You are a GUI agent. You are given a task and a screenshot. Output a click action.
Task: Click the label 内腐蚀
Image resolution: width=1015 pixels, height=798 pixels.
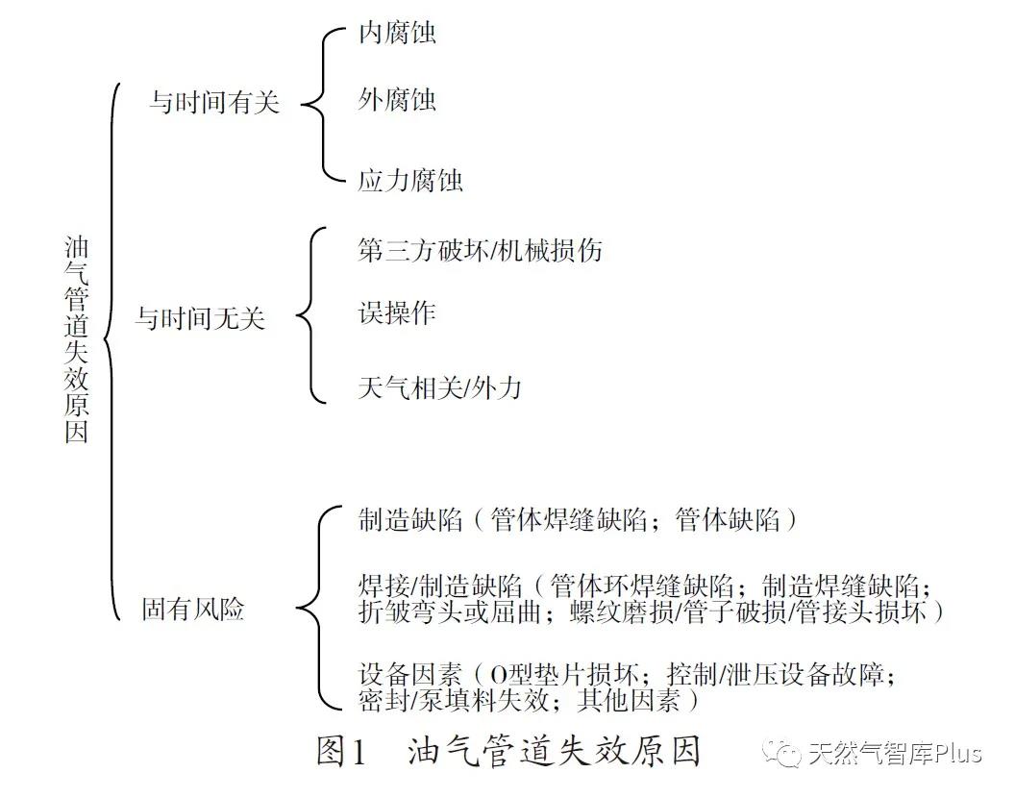tap(398, 33)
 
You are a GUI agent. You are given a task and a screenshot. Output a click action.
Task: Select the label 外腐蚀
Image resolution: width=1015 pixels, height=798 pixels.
tap(398, 100)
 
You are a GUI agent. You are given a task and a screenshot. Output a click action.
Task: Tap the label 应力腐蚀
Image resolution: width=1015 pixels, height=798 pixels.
tap(410, 180)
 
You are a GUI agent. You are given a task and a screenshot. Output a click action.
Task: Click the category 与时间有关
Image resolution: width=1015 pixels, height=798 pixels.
tap(215, 102)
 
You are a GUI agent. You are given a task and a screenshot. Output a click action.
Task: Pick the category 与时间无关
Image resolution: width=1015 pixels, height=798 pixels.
tap(201, 318)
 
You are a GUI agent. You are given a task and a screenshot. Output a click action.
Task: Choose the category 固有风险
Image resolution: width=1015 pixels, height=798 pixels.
tap(193, 609)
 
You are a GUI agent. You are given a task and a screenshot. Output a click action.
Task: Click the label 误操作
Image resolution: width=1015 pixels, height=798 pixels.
tap(397, 312)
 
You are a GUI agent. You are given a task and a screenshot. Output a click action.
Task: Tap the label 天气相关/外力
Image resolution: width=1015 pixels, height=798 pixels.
tap(440, 387)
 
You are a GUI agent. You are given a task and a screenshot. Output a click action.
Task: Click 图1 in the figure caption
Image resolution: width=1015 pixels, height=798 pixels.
tap(342, 751)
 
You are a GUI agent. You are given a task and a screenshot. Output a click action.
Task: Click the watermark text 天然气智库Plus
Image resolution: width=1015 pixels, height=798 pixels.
tap(896, 754)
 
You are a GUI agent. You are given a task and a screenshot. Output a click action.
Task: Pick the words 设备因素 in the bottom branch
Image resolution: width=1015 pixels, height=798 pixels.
tap(410, 675)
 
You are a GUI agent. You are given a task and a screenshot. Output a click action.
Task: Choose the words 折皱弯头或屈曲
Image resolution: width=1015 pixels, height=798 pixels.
tap(450, 611)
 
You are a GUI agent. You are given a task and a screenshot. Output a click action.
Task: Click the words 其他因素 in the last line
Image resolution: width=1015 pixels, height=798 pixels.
tap(629, 700)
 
